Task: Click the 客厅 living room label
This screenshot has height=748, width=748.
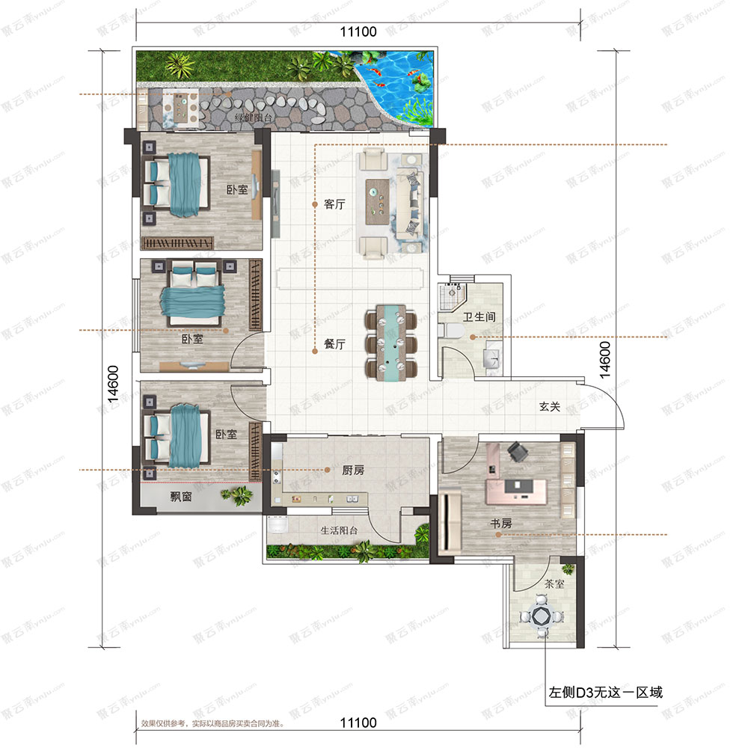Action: [334, 204]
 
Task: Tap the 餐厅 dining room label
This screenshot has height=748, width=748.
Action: [334, 345]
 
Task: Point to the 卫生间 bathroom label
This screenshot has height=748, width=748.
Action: [479, 317]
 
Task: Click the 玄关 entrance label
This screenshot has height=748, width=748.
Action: [550, 407]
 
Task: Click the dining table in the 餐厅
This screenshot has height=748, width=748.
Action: [389, 342]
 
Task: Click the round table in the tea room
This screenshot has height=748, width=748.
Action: [540, 618]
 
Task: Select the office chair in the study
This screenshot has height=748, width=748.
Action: [516, 450]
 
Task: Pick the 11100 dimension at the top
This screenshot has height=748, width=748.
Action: [358, 31]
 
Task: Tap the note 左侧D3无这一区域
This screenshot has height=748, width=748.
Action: [606, 692]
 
